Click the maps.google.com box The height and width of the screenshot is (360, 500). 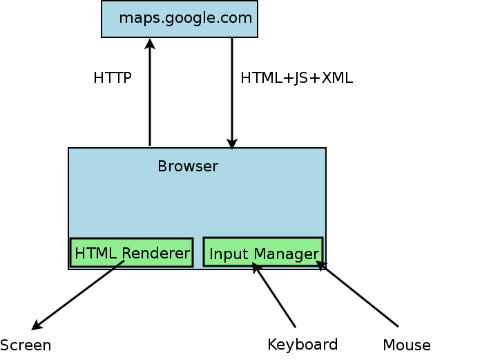[x=180, y=19]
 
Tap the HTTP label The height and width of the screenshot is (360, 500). [x=112, y=78]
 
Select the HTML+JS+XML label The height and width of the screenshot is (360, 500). [x=296, y=78]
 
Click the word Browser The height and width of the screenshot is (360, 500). [x=188, y=167]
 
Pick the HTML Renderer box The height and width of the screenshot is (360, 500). [x=131, y=253]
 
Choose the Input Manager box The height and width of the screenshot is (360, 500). [x=263, y=252]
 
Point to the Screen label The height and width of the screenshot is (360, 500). [x=26, y=345]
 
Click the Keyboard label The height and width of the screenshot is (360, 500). [x=302, y=344]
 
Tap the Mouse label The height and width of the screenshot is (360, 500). [x=407, y=345]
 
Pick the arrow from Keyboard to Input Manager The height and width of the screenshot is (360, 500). [x=275, y=296]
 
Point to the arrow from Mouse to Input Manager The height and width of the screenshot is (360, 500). [x=358, y=294]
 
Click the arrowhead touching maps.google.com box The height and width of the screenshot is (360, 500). [x=150, y=44]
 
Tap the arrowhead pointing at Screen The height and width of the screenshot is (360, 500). [x=37, y=325]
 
